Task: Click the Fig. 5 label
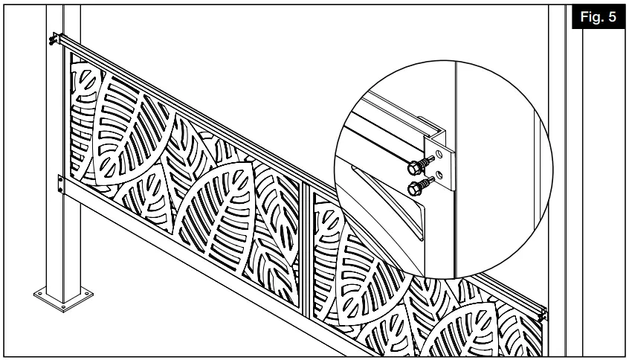[600, 16]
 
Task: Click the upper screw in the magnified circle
[423, 161]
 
